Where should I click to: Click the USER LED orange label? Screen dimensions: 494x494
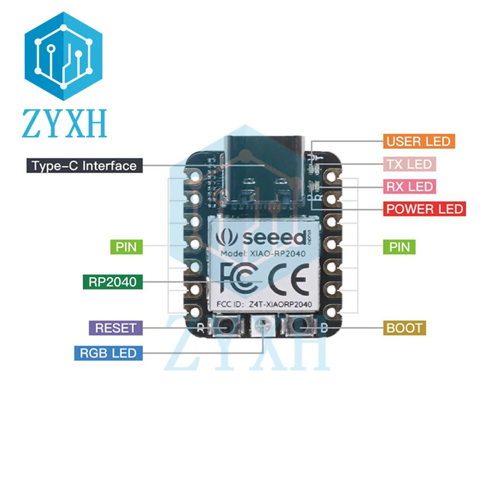pos(418,141)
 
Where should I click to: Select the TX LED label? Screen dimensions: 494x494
pos(409,164)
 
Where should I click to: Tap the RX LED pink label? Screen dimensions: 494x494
pos(409,186)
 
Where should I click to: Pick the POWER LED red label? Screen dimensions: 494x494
pos(425,209)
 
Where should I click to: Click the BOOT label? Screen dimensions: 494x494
pos(404,328)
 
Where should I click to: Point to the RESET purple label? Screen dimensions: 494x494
pos(116,328)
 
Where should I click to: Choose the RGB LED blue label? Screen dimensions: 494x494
pos(109,353)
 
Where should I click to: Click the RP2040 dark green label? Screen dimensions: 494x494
pos(113,281)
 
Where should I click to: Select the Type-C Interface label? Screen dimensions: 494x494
pos(84,166)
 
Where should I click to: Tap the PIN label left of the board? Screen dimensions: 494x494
pos(126,247)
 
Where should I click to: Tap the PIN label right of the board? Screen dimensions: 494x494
pos(400,247)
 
